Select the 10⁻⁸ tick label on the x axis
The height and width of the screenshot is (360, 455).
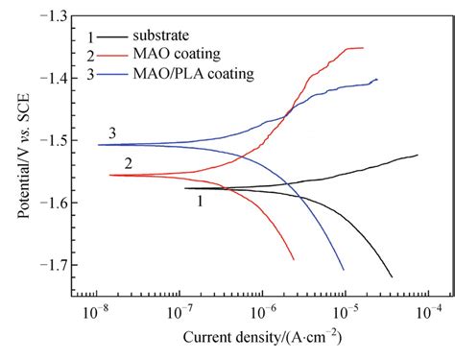[94, 313]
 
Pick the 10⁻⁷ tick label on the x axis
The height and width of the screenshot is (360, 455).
[178, 313]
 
